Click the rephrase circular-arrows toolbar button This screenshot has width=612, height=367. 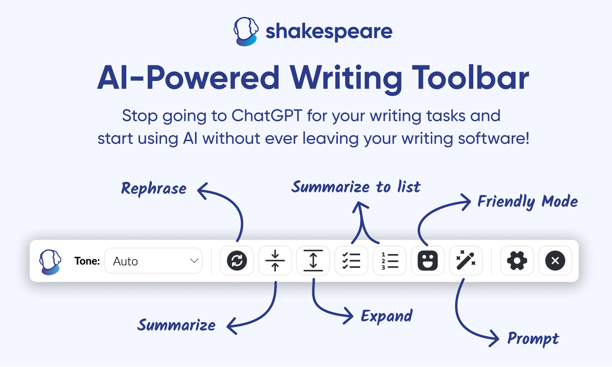[x=237, y=261]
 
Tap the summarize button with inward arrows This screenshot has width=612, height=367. [x=275, y=261]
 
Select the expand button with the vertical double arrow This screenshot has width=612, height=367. [x=313, y=261]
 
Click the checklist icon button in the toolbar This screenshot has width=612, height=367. [x=351, y=261]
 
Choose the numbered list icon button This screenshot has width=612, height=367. [x=389, y=261]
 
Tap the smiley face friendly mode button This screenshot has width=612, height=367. [x=428, y=261]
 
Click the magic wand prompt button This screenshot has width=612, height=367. [x=466, y=261]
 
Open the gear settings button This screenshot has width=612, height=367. [x=517, y=261]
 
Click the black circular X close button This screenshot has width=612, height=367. [x=555, y=261]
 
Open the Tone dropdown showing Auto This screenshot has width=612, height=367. [x=154, y=261]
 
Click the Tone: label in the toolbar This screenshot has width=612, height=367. [x=87, y=261]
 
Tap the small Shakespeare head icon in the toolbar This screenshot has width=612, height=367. [x=50, y=261]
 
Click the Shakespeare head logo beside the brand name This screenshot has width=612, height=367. [x=246, y=32]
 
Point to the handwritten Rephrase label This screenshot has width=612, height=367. [x=154, y=188]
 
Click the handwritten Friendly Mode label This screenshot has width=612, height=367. [x=528, y=202]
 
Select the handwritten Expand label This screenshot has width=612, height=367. [x=386, y=316]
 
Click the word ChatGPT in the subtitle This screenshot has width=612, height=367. [x=267, y=115]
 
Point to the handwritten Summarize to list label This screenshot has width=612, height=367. [x=356, y=187]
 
